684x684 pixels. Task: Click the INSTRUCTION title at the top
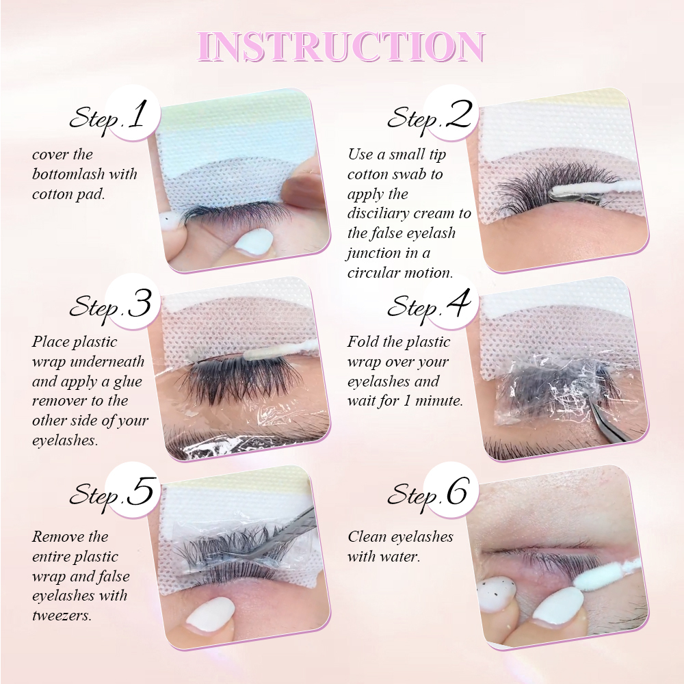342,47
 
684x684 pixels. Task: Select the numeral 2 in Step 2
458,116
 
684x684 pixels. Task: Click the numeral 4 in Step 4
459,304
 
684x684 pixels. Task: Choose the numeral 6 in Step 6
458,492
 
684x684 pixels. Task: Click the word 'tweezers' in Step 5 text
61,616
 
